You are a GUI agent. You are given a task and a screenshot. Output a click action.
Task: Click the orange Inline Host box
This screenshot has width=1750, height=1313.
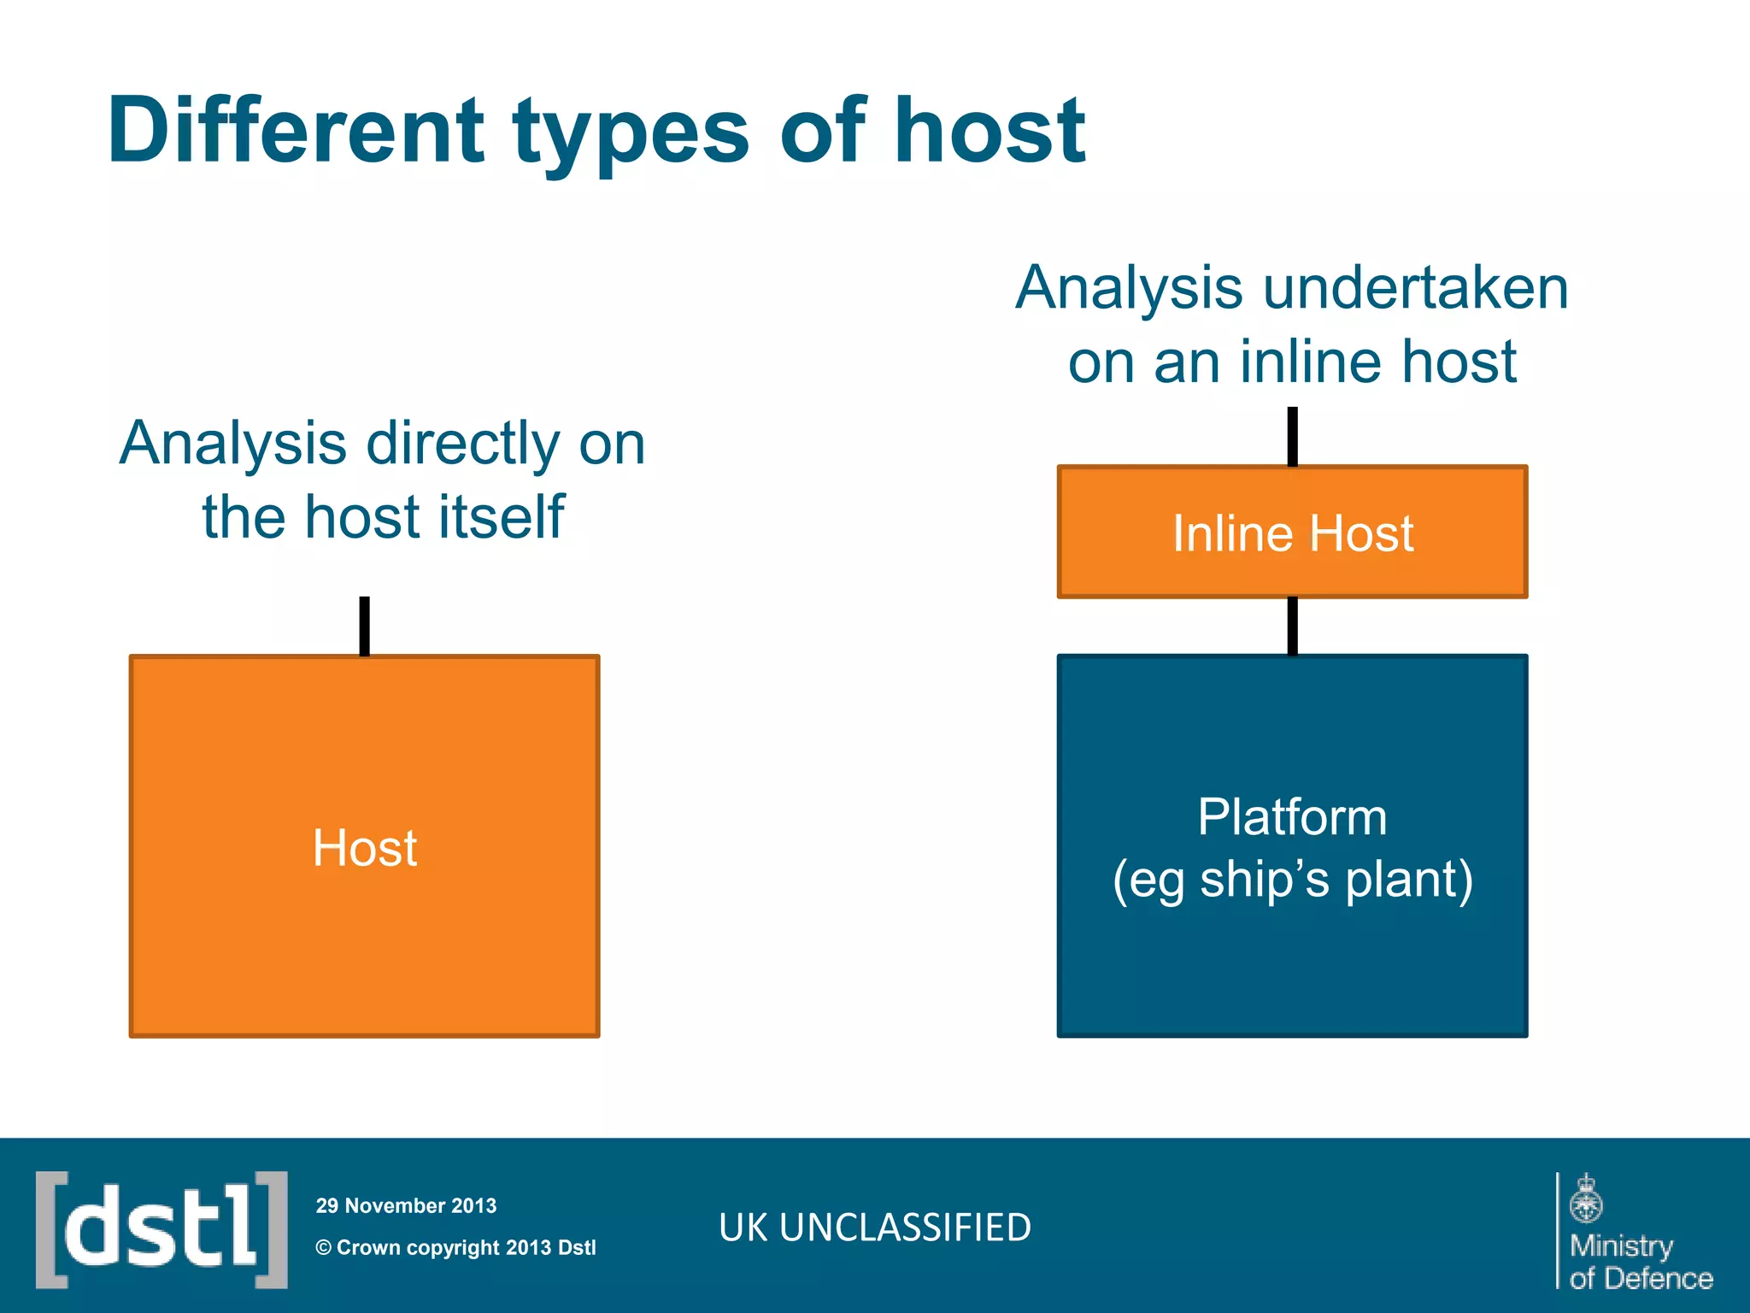click(x=1292, y=533)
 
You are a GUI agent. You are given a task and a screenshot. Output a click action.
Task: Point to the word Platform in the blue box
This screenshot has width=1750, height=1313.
click(x=1291, y=816)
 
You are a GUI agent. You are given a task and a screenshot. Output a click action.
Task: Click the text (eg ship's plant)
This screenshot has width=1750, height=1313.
click(x=1292, y=880)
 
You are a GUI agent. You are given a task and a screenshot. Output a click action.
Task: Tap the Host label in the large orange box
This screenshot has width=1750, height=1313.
click(x=365, y=848)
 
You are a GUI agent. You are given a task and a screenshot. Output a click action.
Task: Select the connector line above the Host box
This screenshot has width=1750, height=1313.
click(x=365, y=626)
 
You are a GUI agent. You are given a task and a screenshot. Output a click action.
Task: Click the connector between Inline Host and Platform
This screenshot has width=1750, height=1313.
click(x=1292, y=626)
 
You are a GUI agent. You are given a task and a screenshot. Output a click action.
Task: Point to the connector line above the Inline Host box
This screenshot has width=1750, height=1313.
click(x=1292, y=437)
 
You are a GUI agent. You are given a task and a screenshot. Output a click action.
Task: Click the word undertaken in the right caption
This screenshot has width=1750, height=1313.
click(x=1415, y=288)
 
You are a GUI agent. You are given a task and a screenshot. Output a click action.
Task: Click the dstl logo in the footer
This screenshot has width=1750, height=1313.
click(x=161, y=1229)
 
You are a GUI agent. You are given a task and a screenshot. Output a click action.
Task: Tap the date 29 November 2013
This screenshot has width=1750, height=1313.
click(x=406, y=1205)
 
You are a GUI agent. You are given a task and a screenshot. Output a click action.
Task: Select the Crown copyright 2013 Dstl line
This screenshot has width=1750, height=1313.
click(x=455, y=1247)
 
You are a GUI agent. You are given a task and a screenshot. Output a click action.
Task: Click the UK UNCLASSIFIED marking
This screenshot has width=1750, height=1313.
click(x=875, y=1228)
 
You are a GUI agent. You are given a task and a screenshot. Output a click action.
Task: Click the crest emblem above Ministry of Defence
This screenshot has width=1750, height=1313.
click(x=1585, y=1198)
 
